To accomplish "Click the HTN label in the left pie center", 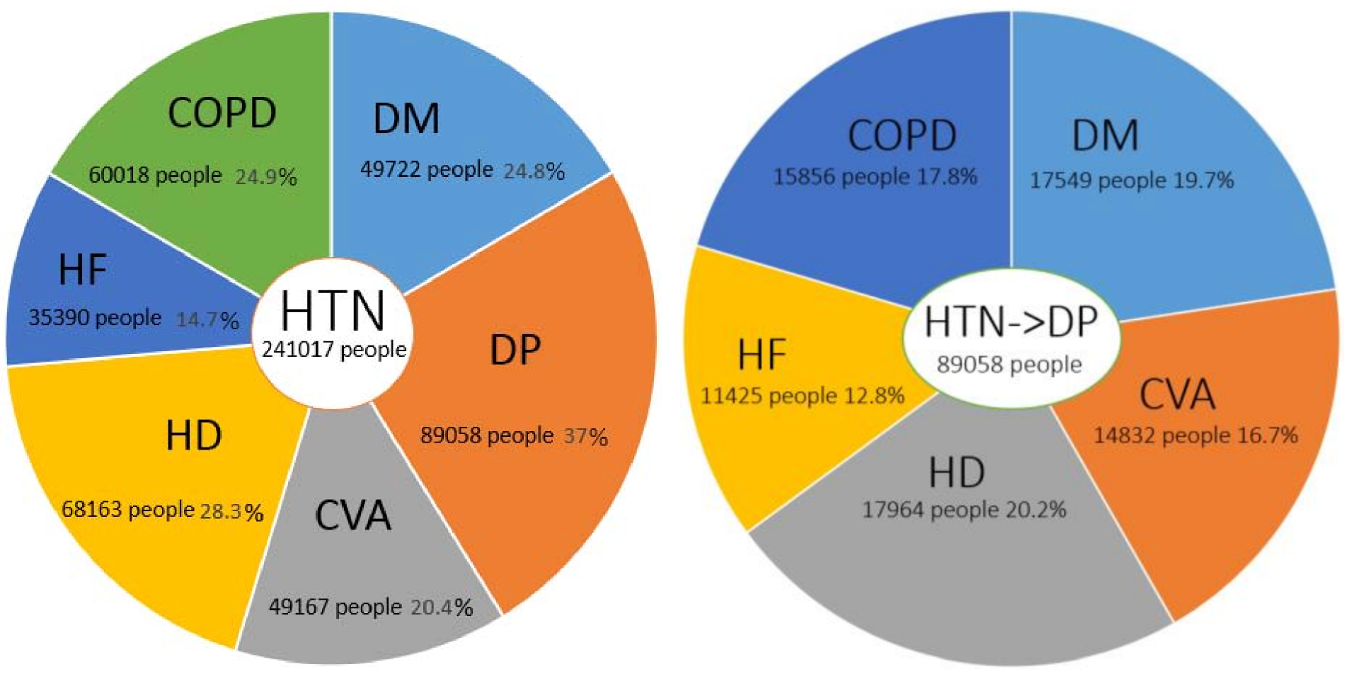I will click(x=333, y=312).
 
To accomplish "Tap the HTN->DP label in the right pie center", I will click(x=1011, y=322).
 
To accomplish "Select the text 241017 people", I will click(x=334, y=349).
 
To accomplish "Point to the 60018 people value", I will click(x=155, y=175).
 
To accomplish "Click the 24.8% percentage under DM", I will click(x=534, y=171).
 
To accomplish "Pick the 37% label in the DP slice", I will click(x=585, y=436).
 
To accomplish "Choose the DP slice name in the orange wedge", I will click(x=515, y=349).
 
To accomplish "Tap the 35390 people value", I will click(x=95, y=317).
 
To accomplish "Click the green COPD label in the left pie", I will click(x=222, y=113).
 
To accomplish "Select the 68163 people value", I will click(x=128, y=509).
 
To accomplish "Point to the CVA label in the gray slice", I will click(x=352, y=515).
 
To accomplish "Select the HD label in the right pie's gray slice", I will click(x=956, y=473).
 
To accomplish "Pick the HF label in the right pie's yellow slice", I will click(x=762, y=355).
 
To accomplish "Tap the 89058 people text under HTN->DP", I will click(x=1009, y=365).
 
